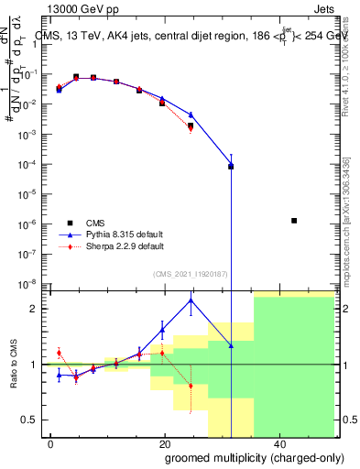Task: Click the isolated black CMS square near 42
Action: [x=293, y=221]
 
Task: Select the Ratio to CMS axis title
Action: [x=15, y=364]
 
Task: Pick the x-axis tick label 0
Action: [x=51, y=443]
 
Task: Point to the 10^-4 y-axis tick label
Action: [x=29, y=165]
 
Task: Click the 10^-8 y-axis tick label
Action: [x=29, y=283]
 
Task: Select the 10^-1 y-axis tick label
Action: [x=29, y=76]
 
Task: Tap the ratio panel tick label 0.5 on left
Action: [x=33, y=420]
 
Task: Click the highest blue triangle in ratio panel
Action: [x=191, y=300]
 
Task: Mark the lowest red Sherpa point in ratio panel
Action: [x=191, y=386]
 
